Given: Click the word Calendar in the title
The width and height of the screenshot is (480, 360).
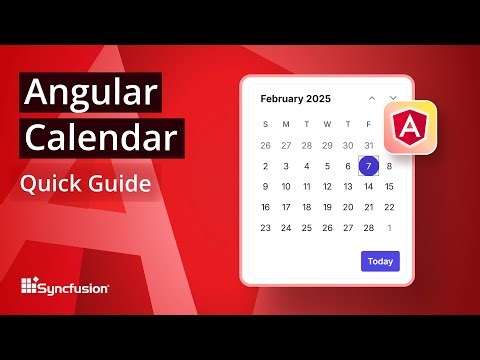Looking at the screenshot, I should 99,138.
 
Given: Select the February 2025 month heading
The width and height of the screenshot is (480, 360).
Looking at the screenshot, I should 295,99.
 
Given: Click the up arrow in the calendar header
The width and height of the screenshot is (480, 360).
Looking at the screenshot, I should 372,99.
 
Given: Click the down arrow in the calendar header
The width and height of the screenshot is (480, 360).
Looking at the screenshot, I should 393,99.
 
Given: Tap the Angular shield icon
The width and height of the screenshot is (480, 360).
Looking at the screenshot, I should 410,127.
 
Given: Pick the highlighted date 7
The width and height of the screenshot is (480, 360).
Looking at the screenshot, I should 369,166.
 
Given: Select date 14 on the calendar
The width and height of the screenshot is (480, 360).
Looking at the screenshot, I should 369,186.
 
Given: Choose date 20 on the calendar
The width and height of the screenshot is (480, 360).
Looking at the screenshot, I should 348,207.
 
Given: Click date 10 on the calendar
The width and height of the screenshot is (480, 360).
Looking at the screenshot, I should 286,186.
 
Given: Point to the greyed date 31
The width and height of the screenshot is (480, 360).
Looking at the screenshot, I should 369,145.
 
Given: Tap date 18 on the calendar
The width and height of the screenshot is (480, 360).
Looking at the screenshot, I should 307,207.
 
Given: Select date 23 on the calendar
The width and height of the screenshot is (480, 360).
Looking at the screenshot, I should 265,227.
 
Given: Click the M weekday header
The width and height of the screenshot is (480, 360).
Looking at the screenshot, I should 286,124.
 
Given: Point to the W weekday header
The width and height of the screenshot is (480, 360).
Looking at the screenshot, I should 327,124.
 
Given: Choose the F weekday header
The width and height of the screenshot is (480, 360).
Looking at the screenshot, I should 369,124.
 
